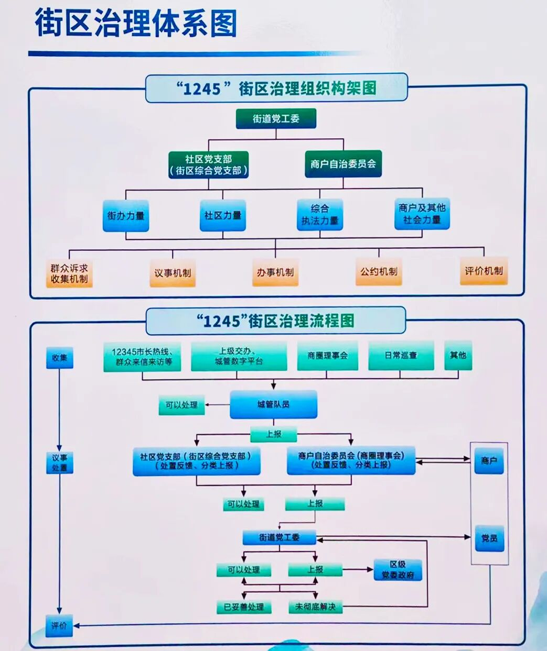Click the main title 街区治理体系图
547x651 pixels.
[136, 23]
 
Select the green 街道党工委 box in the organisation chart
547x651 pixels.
[276, 118]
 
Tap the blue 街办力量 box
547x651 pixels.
[126, 215]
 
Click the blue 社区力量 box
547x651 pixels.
[223, 215]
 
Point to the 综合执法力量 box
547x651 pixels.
[320, 215]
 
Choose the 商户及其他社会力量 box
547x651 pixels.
[422, 214]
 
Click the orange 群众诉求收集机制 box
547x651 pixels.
[69, 273]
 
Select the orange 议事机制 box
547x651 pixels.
[173, 273]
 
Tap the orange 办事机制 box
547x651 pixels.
[275, 272]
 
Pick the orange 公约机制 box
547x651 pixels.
[379, 271]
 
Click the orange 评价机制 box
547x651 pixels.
[484, 271]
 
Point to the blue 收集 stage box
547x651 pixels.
[59, 358]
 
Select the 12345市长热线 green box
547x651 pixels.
[142, 357]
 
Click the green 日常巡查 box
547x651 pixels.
[401, 356]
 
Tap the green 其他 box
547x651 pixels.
[458, 355]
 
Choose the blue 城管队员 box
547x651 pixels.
[273, 404]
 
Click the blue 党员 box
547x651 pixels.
[489, 538]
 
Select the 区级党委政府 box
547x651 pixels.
[398, 570]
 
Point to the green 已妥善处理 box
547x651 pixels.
[244, 607]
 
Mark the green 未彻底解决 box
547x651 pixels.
[315, 607]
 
